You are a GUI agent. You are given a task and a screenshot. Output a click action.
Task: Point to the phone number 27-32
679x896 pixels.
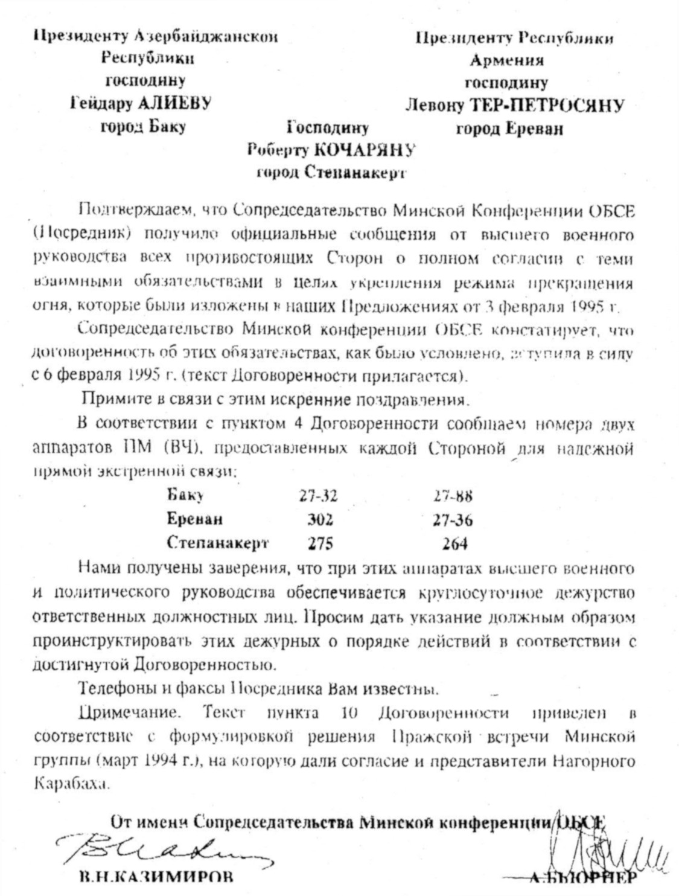[318, 496]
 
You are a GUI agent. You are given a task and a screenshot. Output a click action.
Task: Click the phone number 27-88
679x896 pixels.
[453, 496]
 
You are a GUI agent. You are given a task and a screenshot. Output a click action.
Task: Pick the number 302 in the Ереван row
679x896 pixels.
[320, 519]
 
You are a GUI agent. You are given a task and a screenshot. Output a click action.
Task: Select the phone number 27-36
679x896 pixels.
[453, 519]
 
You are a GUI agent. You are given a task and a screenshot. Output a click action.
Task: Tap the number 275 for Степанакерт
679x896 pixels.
[320, 542]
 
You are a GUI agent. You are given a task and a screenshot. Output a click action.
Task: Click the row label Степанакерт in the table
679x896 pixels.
[217, 542]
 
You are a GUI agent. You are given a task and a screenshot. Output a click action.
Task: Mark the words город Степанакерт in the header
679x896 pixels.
[330, 173]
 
